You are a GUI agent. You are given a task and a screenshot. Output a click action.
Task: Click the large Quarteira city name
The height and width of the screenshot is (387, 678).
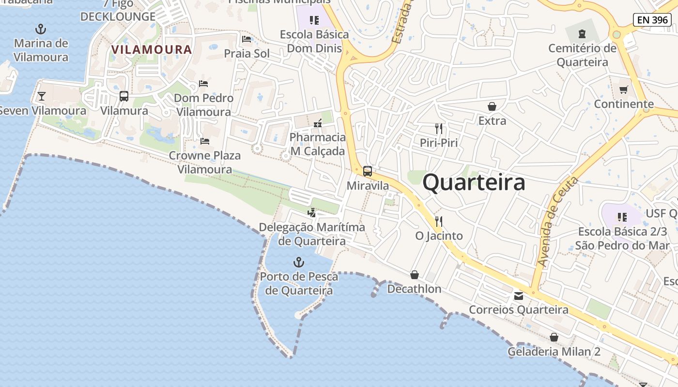point(474,183)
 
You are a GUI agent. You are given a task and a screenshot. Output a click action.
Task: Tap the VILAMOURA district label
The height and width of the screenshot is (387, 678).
point(152,49)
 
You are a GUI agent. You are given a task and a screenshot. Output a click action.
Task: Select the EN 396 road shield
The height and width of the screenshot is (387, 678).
point(652,20)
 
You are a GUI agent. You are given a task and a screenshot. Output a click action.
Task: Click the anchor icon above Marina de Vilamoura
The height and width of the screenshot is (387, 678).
point(41,29)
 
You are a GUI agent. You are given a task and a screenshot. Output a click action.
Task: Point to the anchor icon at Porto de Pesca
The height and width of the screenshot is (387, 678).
point(299,263)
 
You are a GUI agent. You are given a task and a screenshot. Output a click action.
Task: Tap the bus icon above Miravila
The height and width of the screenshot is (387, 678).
point(368,171)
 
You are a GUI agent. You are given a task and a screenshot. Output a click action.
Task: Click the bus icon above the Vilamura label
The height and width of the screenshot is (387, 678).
point(124,96)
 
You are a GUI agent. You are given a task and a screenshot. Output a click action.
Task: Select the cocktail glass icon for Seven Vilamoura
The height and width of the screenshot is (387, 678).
point(42,96)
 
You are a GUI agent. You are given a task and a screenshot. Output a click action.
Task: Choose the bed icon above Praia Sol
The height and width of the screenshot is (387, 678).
point(247,39)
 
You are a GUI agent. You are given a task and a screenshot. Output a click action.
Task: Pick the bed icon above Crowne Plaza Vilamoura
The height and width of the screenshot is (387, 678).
point(205,141)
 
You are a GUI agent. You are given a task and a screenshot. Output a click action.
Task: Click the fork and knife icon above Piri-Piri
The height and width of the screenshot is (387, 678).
point(439,128)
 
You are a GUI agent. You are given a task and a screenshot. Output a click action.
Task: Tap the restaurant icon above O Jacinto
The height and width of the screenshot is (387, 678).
point(439,221)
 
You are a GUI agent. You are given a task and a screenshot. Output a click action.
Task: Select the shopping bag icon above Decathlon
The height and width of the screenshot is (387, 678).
point(415,275)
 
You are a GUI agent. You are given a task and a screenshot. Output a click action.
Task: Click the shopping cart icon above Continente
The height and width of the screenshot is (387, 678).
point(623,89)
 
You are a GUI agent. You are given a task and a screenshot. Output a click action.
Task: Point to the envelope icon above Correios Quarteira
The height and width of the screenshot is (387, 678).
point(519,296)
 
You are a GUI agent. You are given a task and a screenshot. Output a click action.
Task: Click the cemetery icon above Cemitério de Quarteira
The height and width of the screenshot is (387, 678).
point(582,34)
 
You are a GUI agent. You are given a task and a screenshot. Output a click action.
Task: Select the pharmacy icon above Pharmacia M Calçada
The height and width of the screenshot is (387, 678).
point(318,123)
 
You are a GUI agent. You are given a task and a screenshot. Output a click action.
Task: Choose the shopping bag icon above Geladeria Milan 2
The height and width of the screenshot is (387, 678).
point(554,337)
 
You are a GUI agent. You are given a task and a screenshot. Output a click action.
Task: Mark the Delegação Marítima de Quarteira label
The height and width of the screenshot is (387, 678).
point(312,234)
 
